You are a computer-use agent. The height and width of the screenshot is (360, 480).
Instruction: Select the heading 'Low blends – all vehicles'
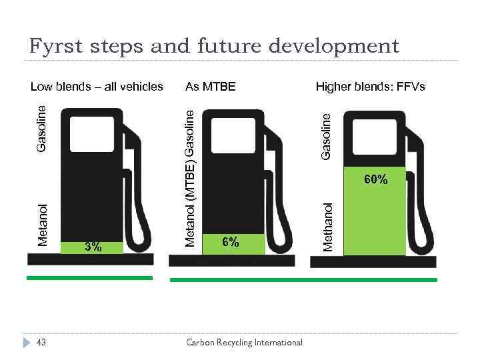pyautogui.click(x=97, y=87)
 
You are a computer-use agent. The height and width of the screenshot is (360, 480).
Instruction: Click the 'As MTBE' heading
pyautogui.click(x=210, y=87)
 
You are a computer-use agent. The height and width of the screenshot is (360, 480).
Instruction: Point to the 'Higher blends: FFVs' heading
pyautogui.click(x=370, y=87)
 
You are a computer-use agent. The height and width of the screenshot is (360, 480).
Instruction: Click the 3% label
pyautogui.click(x=93, y=247)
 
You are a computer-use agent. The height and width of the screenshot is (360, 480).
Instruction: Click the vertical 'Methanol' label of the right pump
pyautogui.click(x=327, y=227)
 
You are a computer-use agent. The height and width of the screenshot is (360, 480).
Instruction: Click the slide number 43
pyautogui.click(x=41, y=342)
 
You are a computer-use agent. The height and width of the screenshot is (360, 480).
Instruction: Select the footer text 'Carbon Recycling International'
pyautogui.click(x=244, y=343)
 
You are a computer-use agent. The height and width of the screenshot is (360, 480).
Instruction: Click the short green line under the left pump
pyautogui.click(x=89, y=277)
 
